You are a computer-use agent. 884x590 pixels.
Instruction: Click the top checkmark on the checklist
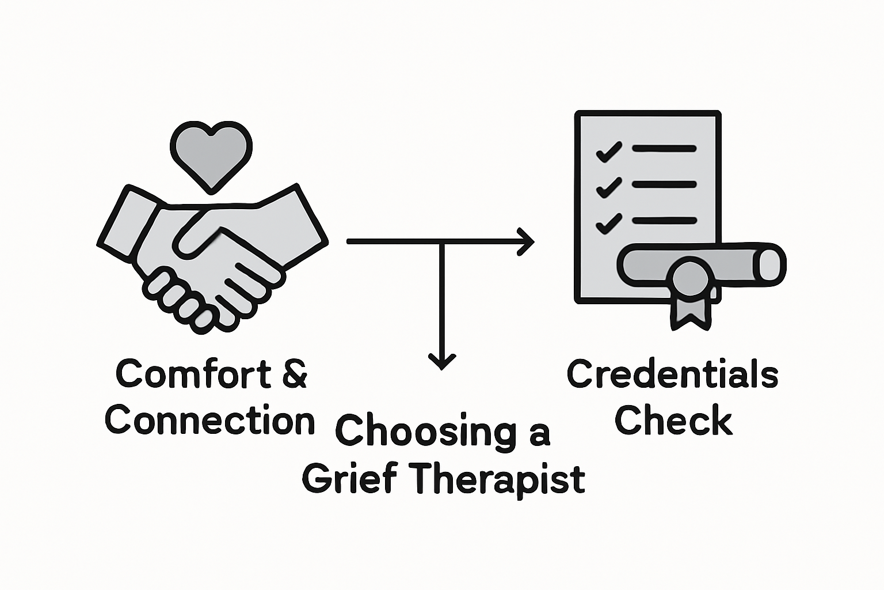tap(608, 152)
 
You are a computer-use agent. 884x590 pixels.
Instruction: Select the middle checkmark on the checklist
tap(608, 187)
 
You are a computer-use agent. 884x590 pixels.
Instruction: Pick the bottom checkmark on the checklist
tap(608, 223)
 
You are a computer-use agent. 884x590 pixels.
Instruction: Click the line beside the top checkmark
tap(664, 149)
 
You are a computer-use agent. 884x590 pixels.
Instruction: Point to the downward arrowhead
tap(442, 361)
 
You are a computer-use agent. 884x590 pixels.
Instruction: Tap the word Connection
tap(210, 421)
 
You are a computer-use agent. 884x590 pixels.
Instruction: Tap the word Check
tap(673, 421)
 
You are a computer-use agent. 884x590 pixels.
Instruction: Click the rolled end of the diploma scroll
tap(769, 264)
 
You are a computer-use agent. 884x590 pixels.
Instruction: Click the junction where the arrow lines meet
tap(441, 242)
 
